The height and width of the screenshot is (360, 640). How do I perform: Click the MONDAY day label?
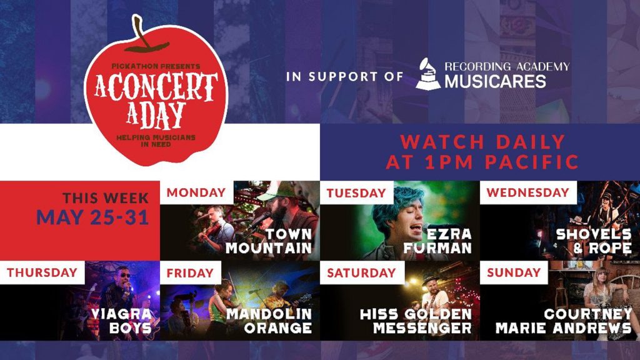coord(196,192)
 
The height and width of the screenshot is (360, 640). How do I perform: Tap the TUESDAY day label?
coord(356,193)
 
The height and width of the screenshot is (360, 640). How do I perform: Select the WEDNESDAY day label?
coord(527,192)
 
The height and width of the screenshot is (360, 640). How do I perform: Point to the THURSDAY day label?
coord(42,272)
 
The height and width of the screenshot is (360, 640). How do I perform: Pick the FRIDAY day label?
coord(190,272)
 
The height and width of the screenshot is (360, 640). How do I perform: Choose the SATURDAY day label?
coord(361,272)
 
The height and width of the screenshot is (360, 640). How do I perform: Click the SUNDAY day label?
coord(514,272)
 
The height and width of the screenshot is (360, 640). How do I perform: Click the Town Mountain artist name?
coord(269,241)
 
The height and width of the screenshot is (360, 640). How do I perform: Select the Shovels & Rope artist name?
coord(594,241)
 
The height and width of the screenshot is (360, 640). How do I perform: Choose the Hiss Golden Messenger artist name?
coord(416,321)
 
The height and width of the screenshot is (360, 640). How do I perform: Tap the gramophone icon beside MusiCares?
coord(428,73)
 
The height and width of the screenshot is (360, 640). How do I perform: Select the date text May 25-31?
coord(92,217)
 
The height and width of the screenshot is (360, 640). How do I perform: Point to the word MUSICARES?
coord(495,81)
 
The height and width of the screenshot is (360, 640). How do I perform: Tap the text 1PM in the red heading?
coord(446,162)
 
